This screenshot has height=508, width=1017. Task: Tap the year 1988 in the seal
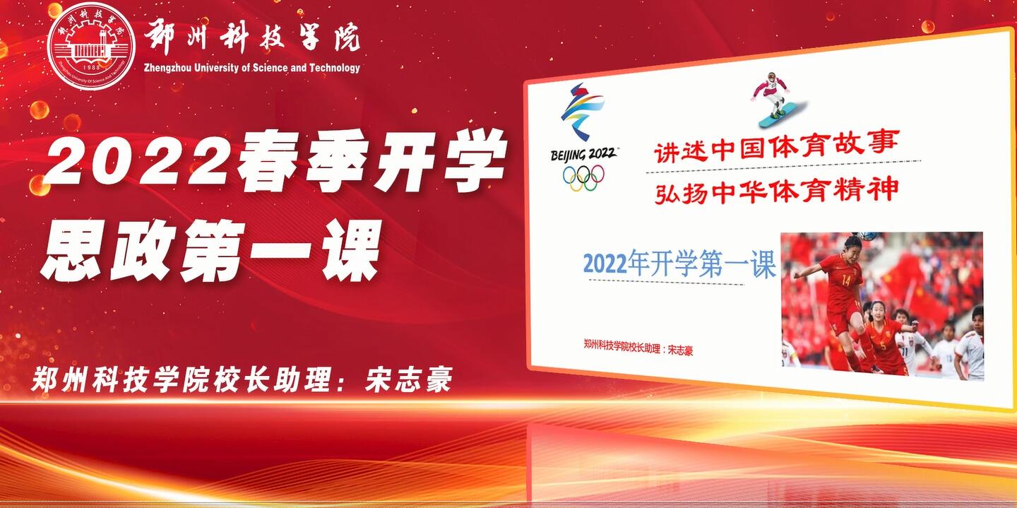click(x=91, y=68)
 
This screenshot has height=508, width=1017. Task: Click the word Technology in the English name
click(x=335, y=68)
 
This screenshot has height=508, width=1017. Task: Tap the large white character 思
click(x=73, y=250)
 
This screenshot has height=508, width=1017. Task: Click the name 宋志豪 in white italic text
click(x=408, y=380)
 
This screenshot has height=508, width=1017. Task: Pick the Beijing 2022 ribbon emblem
click(x=582, y=112)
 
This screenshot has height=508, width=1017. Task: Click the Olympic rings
click(x=583, y=177)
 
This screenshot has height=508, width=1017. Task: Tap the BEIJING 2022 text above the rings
click(x=583, y=154)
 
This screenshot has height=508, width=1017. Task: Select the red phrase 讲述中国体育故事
click(x=776, y=146)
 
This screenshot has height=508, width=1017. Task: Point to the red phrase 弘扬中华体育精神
click(x=776, y=191)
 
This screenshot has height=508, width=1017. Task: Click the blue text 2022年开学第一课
click(x=679, y=263)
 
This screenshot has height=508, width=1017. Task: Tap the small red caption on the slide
click(x=638, y=347)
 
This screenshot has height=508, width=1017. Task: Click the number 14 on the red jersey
click(x=845, y=280)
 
